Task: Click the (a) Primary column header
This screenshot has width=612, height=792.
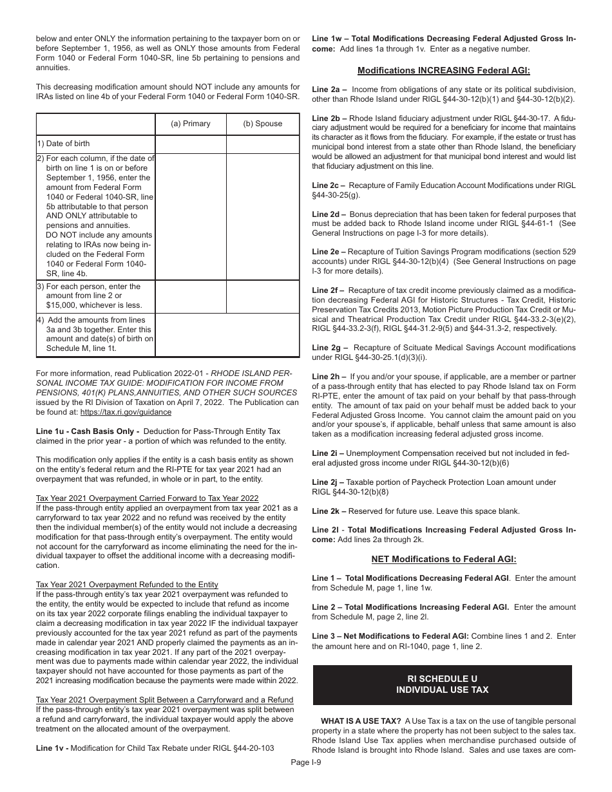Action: pyautogui.click(x=190, y=124)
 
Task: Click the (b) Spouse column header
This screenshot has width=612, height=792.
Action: pyautogui.click(x=262, y=124)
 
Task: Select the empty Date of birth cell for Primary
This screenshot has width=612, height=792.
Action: pyautogui.click(x=191, y=144)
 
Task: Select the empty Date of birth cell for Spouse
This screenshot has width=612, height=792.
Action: pyautogui.click(x=263, y=144)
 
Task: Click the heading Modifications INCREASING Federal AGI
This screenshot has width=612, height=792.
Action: pyautogui.click(x=443, y=70)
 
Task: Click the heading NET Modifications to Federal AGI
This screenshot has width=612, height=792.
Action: pyautogui.click(x=443, y=559)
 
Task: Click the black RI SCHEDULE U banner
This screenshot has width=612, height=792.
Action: pyautogui.click(x=442, y=684)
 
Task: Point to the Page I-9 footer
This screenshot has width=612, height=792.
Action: pyautogui.click(x=305, y=761)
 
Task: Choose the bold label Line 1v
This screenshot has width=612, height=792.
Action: pyautogui.click(x=52, y=748)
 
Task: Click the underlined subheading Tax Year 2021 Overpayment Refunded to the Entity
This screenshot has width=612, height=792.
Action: pyautogui.click(x=127, y=585)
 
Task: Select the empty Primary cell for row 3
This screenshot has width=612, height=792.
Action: pyautogui.click(x=191, y=296)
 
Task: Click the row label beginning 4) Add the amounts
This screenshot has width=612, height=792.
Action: pyautogui.click(x=95, y=334)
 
